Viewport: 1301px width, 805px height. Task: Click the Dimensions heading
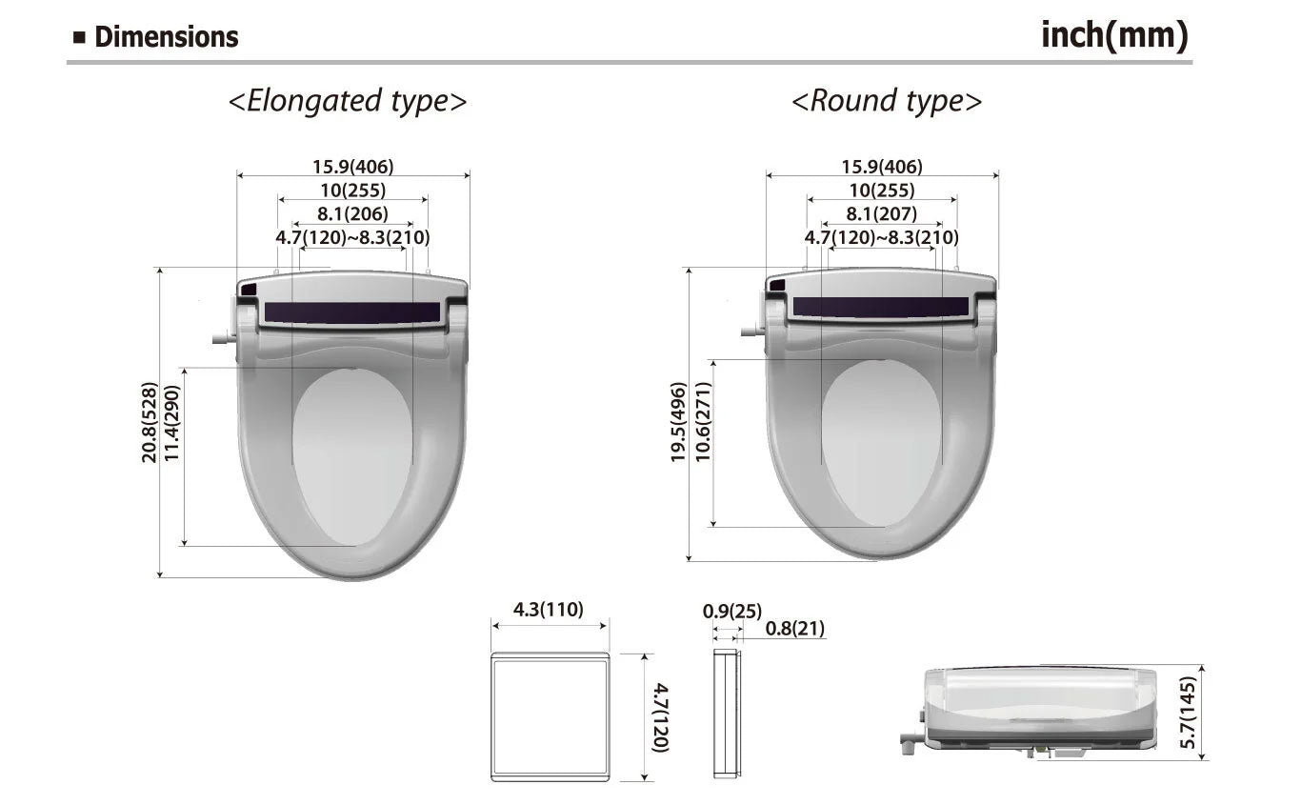[x=166, y=37]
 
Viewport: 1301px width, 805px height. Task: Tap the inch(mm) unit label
[x=1114, y=36]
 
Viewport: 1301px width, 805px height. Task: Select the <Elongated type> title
[x=348, y=101]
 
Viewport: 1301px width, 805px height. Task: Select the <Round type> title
[x=886, y=101]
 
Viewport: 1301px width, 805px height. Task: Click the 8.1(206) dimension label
[x=352, y=213]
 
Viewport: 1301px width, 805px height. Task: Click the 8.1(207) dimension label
[x=881, y=213]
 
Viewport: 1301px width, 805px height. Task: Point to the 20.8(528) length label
[x=149, y=422]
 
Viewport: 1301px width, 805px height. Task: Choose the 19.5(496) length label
[x=677, y=422]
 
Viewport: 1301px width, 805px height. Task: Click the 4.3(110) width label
[x=548, y=610]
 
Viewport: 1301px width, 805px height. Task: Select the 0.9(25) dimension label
[x=731, y=611]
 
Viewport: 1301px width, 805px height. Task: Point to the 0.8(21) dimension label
[x=795, y=629]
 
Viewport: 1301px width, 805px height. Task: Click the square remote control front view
[x=550, y=716]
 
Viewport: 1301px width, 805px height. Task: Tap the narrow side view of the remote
[x=726, y=714]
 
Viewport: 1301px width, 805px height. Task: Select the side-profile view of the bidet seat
[x=1038, y=710]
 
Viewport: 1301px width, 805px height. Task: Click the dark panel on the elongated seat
[x=351, y=312]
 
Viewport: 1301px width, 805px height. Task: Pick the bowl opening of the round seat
[x=880, y=443]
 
